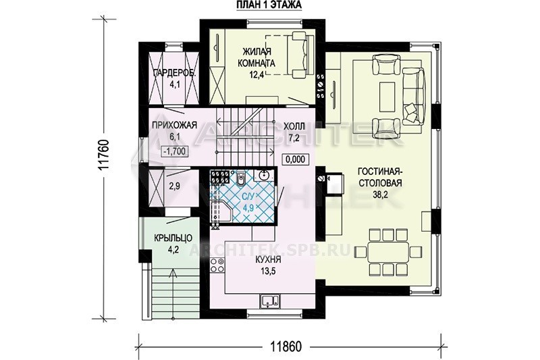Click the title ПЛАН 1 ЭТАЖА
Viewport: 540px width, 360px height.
click(269, 5)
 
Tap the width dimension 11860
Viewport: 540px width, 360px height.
click(285, 346)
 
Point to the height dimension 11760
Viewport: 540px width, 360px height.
click(103, 155)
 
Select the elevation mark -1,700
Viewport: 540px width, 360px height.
click(175, 151)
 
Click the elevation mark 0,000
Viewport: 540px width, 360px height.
click(295, 159)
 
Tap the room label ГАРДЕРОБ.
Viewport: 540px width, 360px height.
click(175, 73)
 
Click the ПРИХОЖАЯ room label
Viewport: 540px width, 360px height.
click(175, 125)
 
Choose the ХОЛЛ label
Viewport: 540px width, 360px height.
click(294, 127)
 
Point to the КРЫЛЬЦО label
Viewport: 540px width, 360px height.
click(173, 238)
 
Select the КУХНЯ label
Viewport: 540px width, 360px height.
click(268, 259)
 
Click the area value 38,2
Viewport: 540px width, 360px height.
click(380, 195)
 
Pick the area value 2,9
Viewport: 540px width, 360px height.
click(175, 186)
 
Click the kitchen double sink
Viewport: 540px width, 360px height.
click(271, 300)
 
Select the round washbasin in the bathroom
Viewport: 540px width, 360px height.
click(263, 176)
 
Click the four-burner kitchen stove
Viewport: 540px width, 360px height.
click(217, 265)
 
